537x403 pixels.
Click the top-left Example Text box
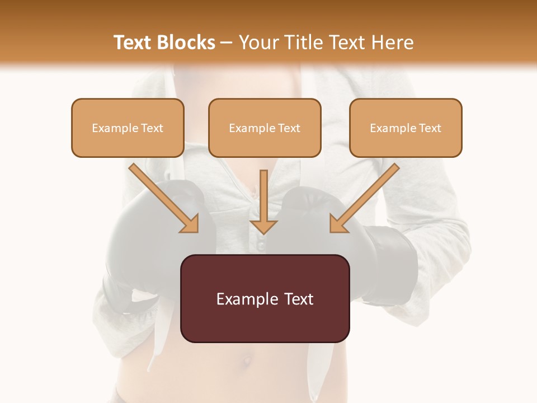pyautogui.click(x=128, y=128)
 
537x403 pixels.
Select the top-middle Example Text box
pyautogui.click(x=265, y=128)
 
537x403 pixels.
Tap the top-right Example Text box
pyautogui.click(x=406, y=128)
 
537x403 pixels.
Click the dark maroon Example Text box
pyautogui.click(x=265, y=298)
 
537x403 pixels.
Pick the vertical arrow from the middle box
pyautogui.click(x=263, y=201)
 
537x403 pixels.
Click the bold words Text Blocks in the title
pyautogui.click(x=164, y=43)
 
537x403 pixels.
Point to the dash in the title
pyautogui.click(x=227, y=43)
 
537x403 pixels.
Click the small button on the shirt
pyautogui.click(x=261, y=245)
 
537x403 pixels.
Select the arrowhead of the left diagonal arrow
pyautogui.click(x=190, y=224)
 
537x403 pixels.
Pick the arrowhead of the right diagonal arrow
pyautogui.click(x=338, y=224)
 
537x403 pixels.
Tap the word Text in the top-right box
pyautogui.click(x=430, y=128)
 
